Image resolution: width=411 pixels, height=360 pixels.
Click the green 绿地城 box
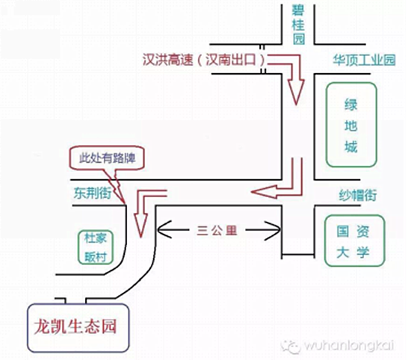pyautogui.click(x=350, y=125)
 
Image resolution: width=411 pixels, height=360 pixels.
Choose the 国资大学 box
pyautogui.click(x=353, y=239)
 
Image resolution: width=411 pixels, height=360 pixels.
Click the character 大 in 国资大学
pyautogui.click(x=343, y=251)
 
